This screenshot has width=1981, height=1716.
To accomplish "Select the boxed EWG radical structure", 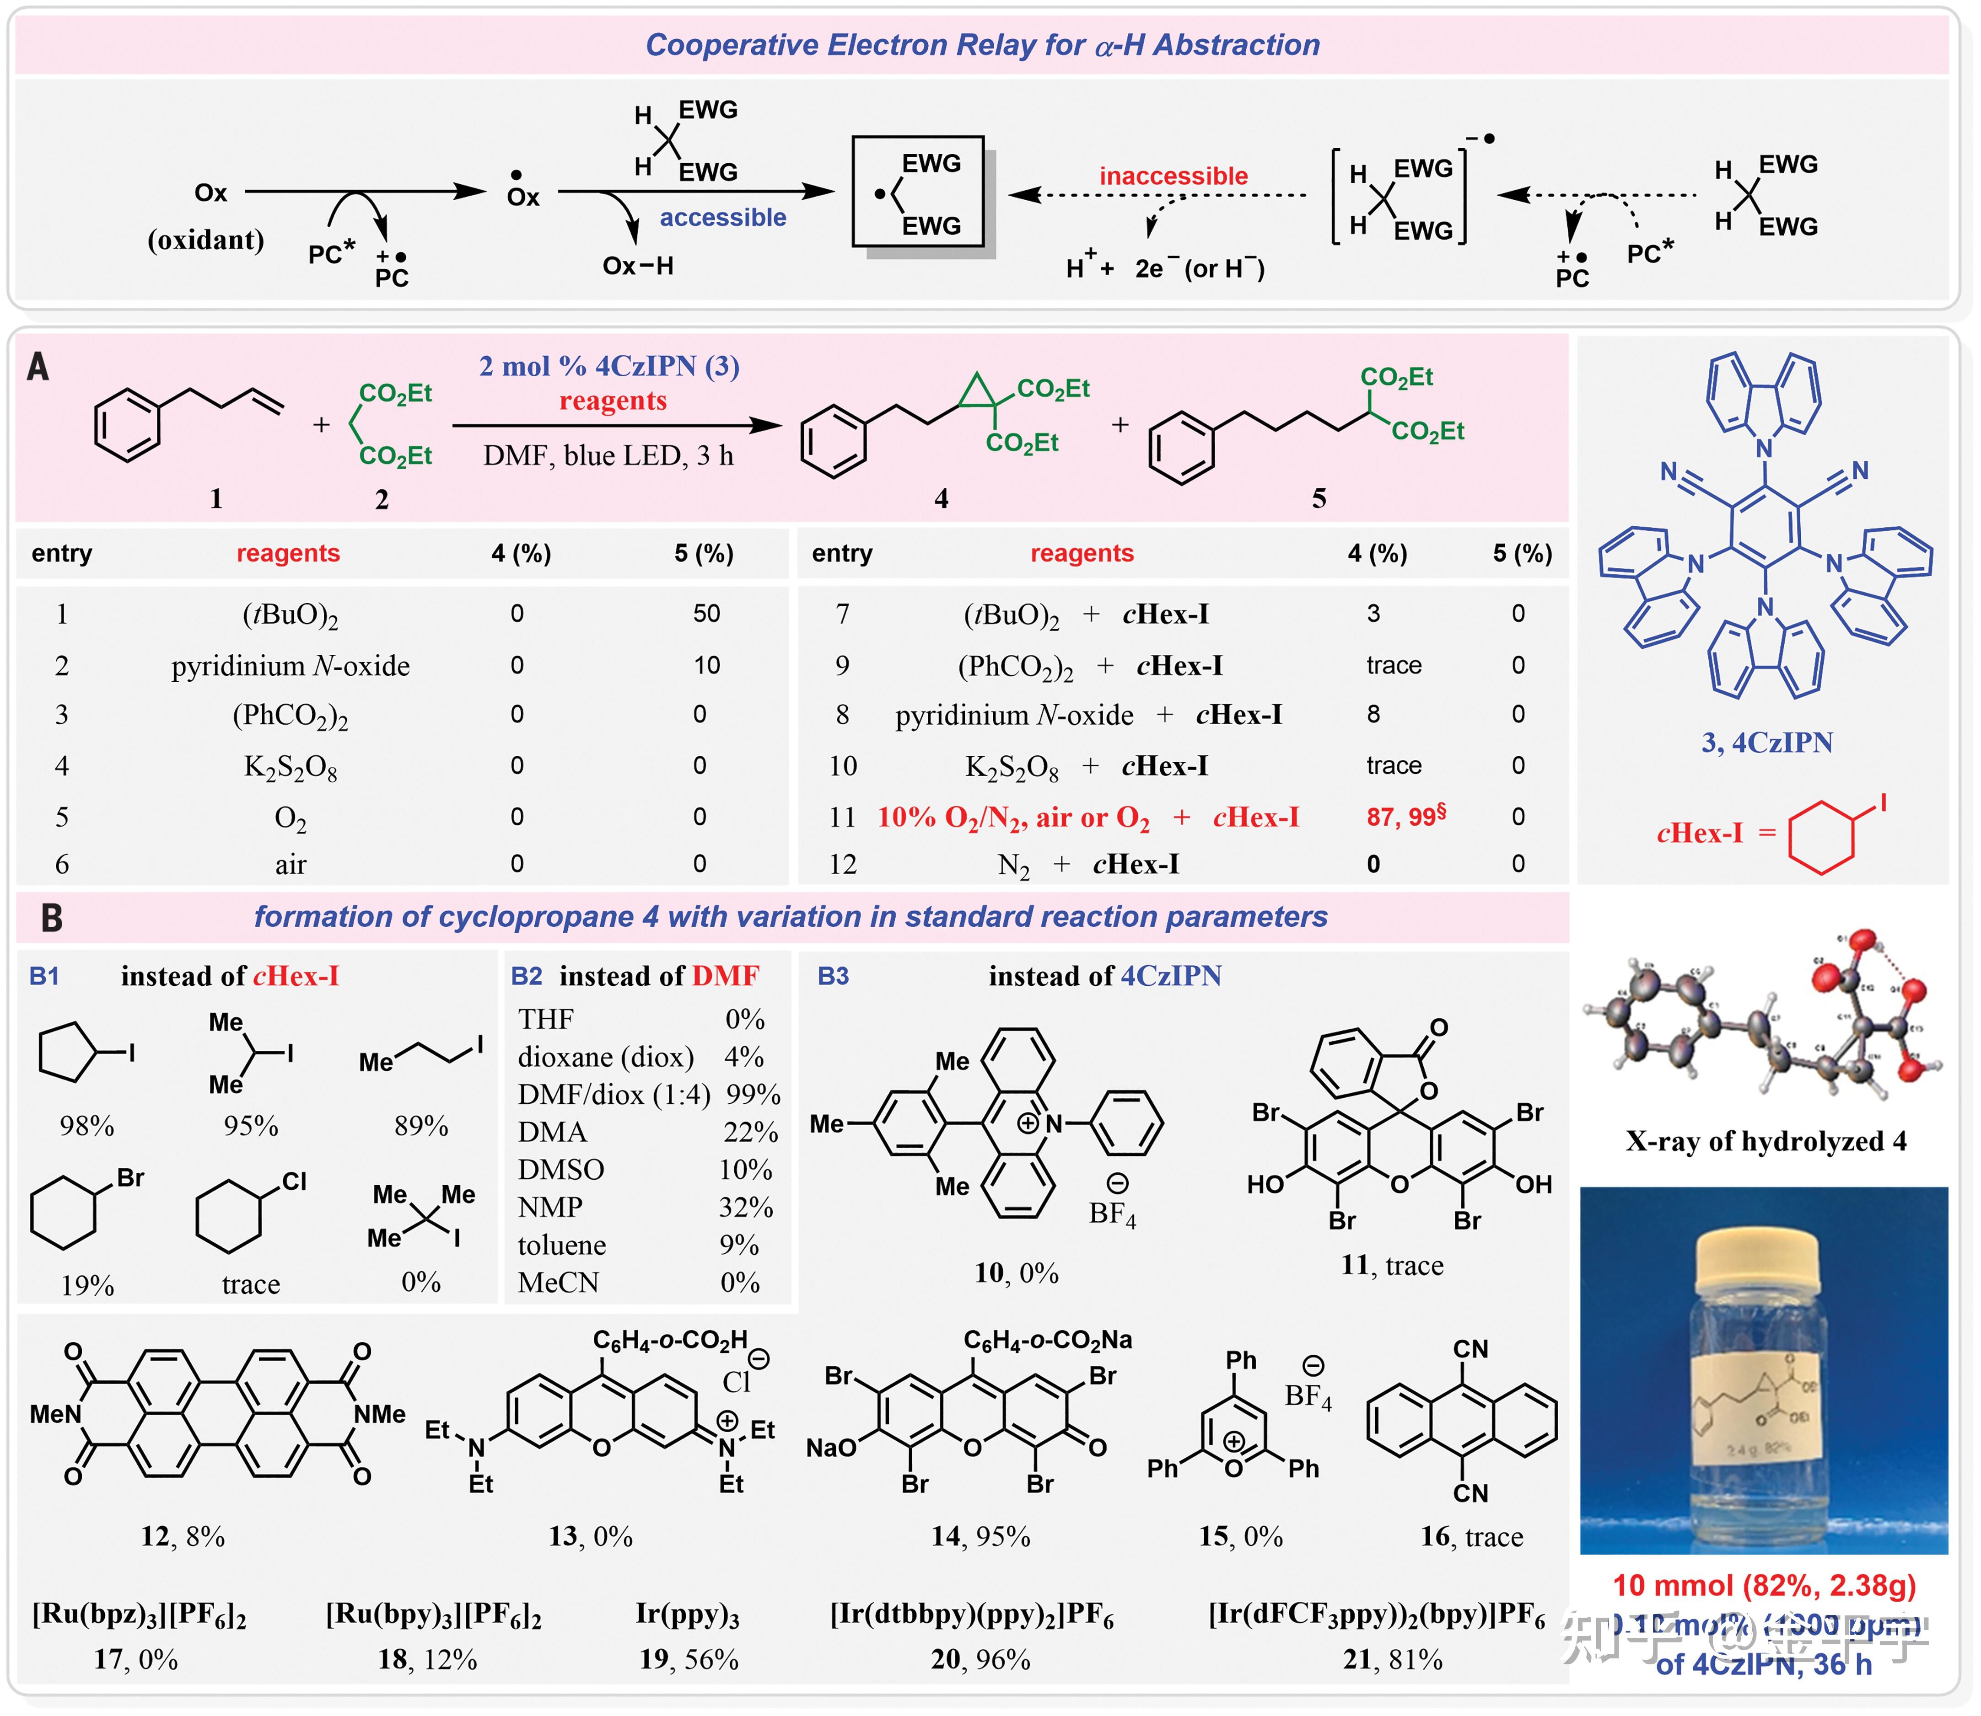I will (x=918, y=192).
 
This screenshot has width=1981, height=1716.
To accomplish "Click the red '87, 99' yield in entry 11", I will (x=1405, y=817).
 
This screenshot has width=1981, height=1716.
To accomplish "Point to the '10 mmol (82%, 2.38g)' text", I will (x=1764, y=1585).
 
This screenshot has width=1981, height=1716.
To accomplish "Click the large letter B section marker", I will (x=52, y=917).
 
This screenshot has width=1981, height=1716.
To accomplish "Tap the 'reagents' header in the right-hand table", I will (x=1082, y=554).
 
